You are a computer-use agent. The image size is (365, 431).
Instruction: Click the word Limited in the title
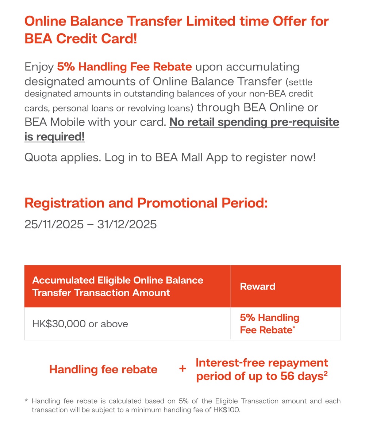pos(211,21)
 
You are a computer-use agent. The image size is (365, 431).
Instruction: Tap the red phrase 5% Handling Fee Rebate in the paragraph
pos(124,67)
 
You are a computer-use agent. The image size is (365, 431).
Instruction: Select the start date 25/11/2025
pos(54,224)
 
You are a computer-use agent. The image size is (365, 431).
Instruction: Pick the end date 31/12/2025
pos(127,224)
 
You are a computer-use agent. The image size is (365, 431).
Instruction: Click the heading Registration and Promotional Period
pos(146,203)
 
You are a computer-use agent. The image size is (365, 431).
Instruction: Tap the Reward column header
pos(258,286)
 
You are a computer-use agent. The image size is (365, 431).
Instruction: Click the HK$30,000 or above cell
pos(80,324)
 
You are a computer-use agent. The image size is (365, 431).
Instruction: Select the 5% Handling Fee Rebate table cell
pos(269,324)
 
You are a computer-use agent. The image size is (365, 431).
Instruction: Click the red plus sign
pos(182,369)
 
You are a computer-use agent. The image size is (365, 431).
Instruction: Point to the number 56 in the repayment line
pos(287,376)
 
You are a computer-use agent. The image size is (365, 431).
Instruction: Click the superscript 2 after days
pos(326,373)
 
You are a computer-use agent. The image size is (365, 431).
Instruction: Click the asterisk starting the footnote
pos(26,400)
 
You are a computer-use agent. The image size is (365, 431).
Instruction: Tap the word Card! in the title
pos(119,38)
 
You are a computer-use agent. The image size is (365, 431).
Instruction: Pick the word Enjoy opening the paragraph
pos(39,67)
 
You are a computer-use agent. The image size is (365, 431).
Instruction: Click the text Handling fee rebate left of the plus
pos(103,369)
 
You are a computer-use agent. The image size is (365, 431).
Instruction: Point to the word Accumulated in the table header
pos(64,280)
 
